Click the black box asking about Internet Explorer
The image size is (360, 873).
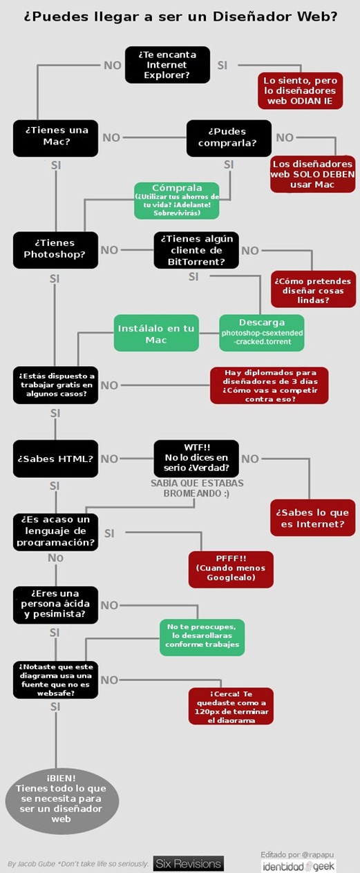(167, 65)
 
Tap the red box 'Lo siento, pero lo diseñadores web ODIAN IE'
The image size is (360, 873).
(301, 90)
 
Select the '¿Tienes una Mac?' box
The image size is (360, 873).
(55, 138)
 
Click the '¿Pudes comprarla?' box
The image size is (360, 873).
(229, 138)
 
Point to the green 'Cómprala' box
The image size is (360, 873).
(177, 200)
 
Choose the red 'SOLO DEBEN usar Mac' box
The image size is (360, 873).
(313, 174)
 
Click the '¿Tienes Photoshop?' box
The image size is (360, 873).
(55, 250)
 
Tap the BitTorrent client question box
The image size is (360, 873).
(196, 250)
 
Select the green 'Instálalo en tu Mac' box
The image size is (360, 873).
(156, 333)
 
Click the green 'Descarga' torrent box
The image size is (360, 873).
(262, 333)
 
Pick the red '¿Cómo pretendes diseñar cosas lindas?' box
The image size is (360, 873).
(314, 289)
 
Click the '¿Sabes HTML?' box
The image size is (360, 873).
(55, 459)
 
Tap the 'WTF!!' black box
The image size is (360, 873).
(196, 459)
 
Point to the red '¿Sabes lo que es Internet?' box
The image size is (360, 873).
(313, 517)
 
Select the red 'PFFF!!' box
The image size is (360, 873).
(231, 569)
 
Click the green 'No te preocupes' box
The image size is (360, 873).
(202, 637)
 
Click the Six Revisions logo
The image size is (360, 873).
(189, 864)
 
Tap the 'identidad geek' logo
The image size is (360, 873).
(299, 867)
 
